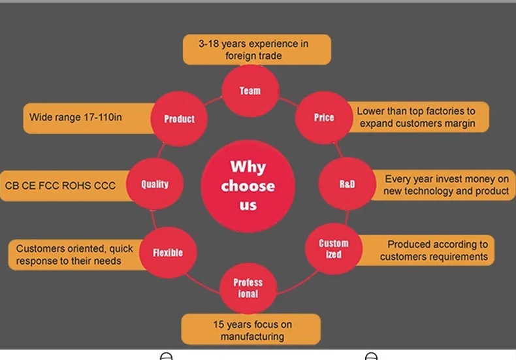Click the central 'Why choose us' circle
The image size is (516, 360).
pyautogui.click(x=248, y=186)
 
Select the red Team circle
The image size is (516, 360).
pyautogui.click(x=250, y=91)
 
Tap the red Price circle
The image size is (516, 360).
pyautogui.click(x=324, y=118)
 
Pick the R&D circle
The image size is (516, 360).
pyautogui.click(x=347, y=184)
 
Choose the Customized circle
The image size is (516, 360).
pyautogui.click(x=334, y=248)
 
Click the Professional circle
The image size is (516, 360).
pyautogui.click(x=248, y=288)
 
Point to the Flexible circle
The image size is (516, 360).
pyautogui.click(x=168, y=252)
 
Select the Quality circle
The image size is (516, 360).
pyautogui.click(x=155, y=184)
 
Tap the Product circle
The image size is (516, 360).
pyautogui.click(x=179, y=119)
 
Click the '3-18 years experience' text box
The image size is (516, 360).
pyautogui.click(x=256, y=50)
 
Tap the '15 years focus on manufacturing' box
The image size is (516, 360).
pyautogui.click(x=251, y=330)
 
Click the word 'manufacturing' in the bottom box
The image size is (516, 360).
pyautogui.click(x=252, y=336)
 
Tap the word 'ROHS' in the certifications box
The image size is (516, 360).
pyautogui.click(x=76, y=186)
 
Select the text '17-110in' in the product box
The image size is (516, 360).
pyautogui.click(x=101, y=118)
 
